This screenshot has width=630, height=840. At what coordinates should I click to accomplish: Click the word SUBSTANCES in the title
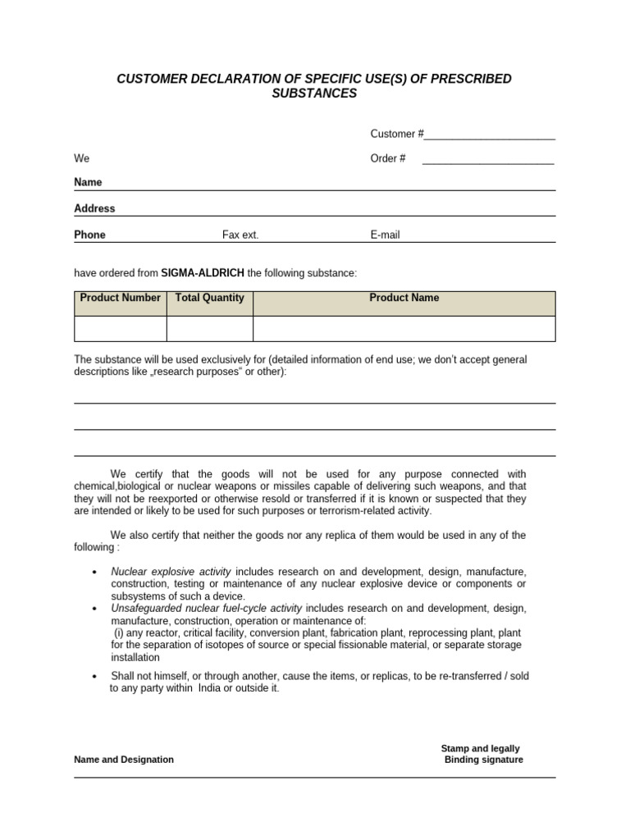[x=314, y=94]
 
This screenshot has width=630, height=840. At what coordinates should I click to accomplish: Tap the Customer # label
[x=397, y=134]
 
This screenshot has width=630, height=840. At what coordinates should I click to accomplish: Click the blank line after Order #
[x=488, y=159]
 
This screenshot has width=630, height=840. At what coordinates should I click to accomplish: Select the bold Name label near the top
[x=88, y=182]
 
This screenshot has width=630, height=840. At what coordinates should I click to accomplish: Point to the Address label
[x=94, y=208]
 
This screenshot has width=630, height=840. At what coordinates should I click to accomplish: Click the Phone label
[x=89, y=235]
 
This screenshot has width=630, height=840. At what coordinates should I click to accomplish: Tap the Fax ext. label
[x=240, y=235]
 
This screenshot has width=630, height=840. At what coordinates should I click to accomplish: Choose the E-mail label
[x=385, y=235]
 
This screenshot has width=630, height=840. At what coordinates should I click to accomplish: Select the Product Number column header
[x=120, y=298]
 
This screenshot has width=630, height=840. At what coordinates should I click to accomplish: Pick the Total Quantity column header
[x=209, y=298]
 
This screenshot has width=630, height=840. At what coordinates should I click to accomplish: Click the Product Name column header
[x=404, y=298]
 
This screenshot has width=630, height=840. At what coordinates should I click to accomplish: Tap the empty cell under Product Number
[x=120, y=328]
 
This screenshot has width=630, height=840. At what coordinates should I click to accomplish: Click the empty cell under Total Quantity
[x=209, y=328]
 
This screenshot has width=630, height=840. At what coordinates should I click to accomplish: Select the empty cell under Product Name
[x=404, y=328]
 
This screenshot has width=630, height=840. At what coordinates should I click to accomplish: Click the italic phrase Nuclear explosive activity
[x=171, y=571]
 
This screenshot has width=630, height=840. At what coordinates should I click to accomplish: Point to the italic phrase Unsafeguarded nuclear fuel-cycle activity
[x=206, y=608]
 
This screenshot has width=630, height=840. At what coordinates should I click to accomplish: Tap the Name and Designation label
[x=124, y=760]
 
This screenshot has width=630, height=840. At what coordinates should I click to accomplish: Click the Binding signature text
[x=483, y=760]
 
